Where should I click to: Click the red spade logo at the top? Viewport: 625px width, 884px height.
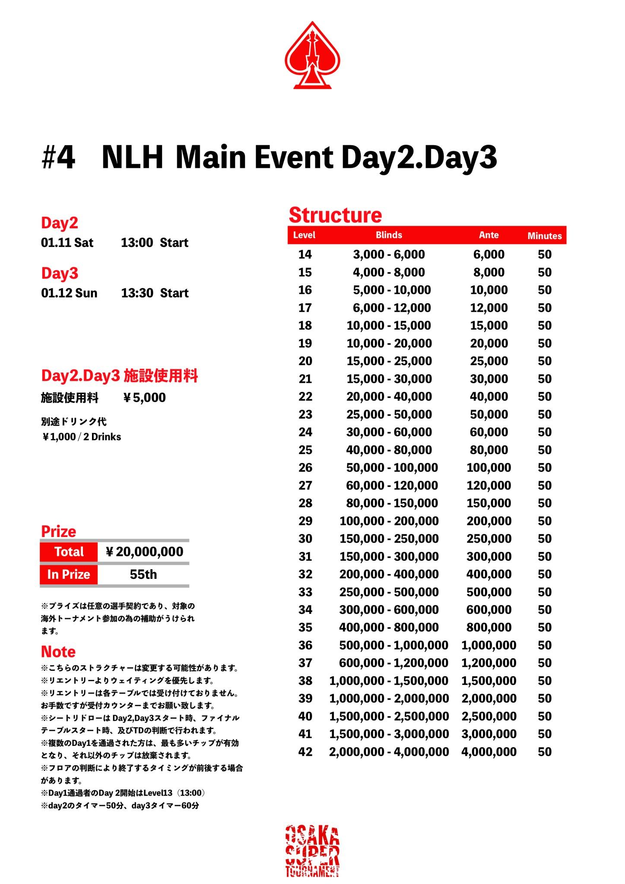tap(312, 55)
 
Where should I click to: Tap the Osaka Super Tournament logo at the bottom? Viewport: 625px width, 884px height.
tap(312, 852)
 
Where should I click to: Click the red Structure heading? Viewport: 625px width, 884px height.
tap(335, 215)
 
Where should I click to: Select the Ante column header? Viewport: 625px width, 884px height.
tap(489, 235)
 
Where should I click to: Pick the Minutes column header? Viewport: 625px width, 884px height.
tap(544, 236)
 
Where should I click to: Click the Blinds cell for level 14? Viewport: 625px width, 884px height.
tap(389, 254)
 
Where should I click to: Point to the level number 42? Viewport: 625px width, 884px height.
tap(305, 751)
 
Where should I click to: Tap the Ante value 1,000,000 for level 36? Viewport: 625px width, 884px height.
tap(489, 645)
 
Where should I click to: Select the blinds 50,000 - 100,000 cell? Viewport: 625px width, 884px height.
tap(392, 467)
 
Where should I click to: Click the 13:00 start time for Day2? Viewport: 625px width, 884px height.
tap(136, 243)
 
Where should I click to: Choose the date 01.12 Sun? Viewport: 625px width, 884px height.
tap(69, 293)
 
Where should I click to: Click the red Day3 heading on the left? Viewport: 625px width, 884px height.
tap(60, 273)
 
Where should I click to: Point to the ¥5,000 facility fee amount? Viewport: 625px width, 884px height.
tap(144, 398)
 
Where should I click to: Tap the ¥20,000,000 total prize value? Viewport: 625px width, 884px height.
tap(144, 552)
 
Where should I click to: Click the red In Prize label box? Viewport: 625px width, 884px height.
tap(69, 575)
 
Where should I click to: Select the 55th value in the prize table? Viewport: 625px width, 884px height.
tap(143, 575)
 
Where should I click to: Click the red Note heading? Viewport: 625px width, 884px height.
tap(58, 651)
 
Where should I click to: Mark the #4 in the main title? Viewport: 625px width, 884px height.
tap(58, 158)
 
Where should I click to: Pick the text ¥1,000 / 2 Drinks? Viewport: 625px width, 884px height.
tap(81, 437)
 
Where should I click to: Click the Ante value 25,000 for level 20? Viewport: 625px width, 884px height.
tap(489, 361)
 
